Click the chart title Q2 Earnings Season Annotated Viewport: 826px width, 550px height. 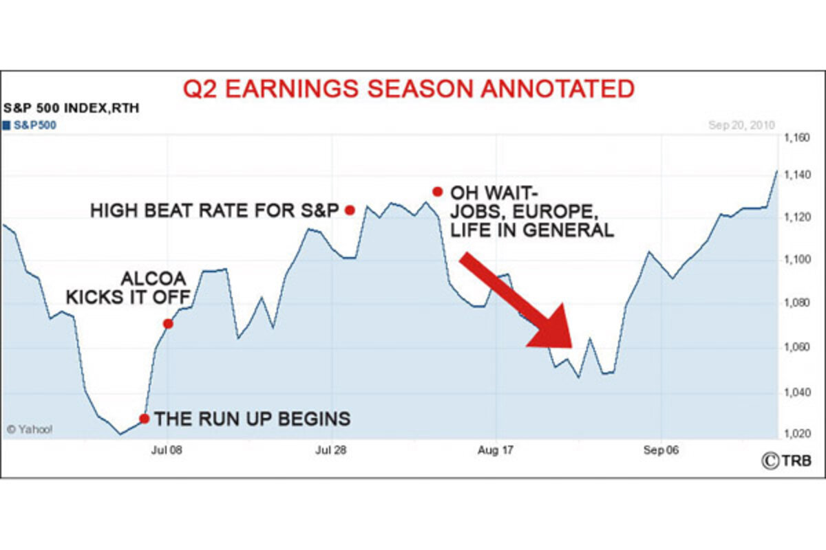point(409,89)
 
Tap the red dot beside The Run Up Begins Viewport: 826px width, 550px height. point(145,419)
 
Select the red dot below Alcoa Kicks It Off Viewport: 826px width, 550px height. point(168,324)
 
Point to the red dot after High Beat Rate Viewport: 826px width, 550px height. point(350,210)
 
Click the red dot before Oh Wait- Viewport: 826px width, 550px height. point(438,192)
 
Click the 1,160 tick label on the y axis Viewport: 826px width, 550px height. point(797,138)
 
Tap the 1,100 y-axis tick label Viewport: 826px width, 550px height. point(797,260)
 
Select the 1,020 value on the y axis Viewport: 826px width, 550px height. point(797,434)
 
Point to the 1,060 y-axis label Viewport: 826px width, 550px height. point(797,347)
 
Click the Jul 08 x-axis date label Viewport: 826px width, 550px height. point(167,450)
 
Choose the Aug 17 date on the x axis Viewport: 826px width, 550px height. point(496,450)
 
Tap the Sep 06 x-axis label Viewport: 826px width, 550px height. point(661,450)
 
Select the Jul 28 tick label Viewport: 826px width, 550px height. point(331,450)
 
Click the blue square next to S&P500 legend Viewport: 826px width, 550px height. point(6,126)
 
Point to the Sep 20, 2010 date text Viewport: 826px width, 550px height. point(741,125)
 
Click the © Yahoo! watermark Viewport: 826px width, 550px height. point(30,430)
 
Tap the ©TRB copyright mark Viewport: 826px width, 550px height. point(787,461)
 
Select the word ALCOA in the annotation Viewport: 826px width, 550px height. point(153,278)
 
